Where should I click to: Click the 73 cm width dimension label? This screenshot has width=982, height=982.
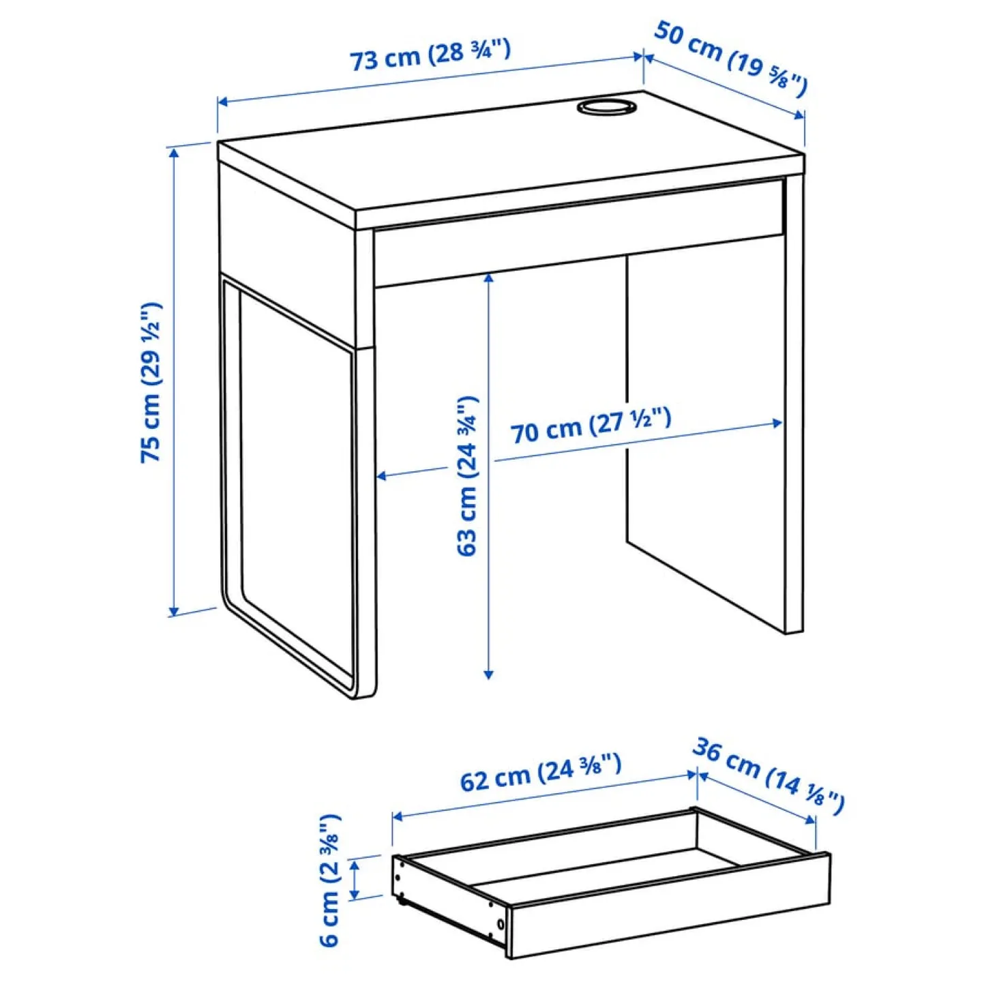coord(430,55)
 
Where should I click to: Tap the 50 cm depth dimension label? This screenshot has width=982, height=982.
coord(730,59)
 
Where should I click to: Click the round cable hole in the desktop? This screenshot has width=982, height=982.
coord(605,107)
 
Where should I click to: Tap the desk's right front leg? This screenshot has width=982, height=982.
coord(794,409)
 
